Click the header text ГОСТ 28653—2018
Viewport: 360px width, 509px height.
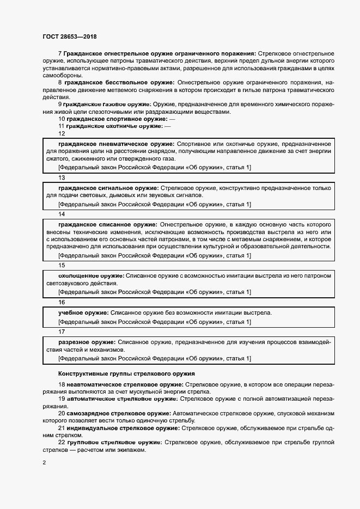pos(70,36)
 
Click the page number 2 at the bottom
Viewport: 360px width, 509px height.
pos(44,463)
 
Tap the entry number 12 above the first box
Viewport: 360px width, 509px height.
pos(62,133)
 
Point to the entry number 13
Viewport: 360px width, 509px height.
pos(62,177)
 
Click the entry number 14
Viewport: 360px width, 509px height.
pos(62,214)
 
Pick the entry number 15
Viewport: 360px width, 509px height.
pos(62,266)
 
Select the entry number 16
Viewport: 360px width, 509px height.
pos(62,302)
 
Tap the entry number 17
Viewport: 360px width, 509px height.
pos(62,331)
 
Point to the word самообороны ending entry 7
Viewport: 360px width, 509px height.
pos(61,75)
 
